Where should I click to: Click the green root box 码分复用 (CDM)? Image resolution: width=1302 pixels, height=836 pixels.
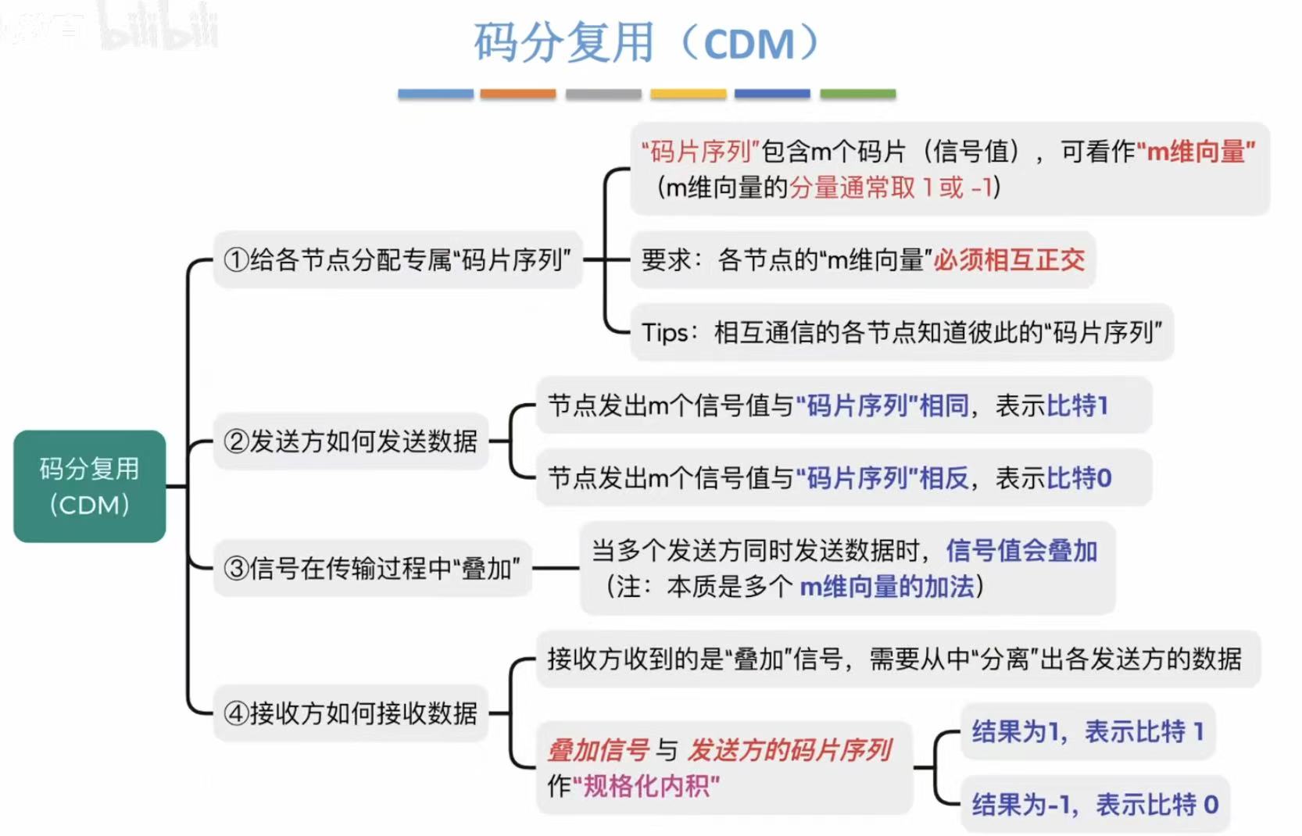(x=89, y=486)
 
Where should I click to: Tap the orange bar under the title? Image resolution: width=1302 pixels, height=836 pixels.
(x=517, y=94)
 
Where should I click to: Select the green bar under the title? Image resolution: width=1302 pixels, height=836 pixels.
(x=857, y=94)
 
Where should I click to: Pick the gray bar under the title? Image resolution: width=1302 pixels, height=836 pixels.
(x=603, y=94)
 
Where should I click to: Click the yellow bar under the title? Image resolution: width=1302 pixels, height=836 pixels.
(x=688, y=94)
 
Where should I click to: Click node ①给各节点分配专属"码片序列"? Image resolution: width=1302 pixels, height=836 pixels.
(x=397, y=259)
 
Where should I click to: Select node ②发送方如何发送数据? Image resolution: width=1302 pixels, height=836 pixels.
(x=350, y=441)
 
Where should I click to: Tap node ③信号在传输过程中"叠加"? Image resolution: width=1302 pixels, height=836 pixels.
(x=372, y=568)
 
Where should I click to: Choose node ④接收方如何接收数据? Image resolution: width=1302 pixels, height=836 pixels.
(x=350, y=713)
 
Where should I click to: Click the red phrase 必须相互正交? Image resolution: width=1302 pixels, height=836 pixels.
(x=1009, y=259)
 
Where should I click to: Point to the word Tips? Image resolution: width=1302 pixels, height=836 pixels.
(x=664, y=333)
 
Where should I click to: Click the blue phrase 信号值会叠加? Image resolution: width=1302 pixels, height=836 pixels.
(x=1021, y=550)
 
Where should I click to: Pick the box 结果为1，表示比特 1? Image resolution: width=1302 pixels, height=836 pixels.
(x=1087, y=731)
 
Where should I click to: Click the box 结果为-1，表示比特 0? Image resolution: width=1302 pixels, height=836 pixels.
(x=1094, y=804)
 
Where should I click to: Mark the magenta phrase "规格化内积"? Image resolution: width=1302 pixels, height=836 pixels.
(x=646, y=785)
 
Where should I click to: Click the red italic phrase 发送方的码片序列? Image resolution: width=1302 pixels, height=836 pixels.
(x=789, y=750)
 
